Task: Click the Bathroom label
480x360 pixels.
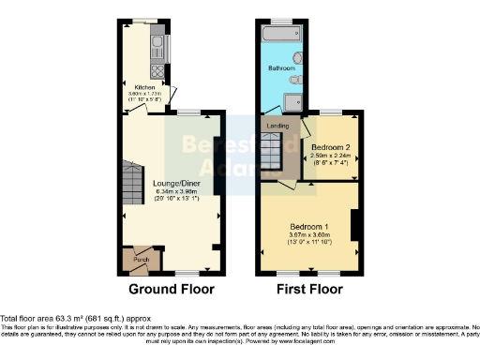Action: (x=284, y=68)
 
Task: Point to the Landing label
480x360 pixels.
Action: (x=277, y=124)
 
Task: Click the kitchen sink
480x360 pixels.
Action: (x=158, y=45)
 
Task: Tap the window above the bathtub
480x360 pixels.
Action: (x=282, y=20)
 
